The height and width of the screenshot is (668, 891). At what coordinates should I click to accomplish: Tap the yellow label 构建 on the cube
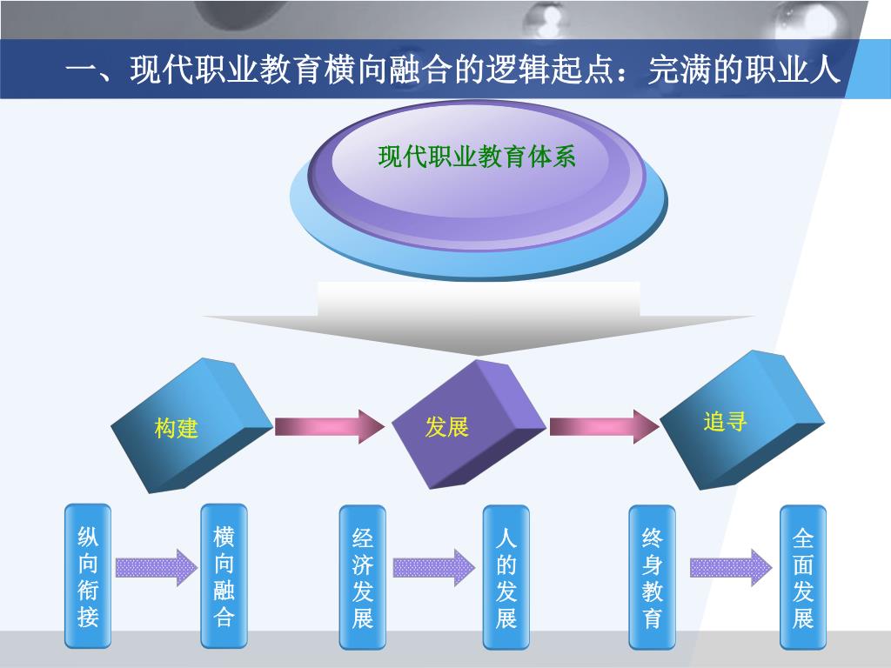pos(177,428)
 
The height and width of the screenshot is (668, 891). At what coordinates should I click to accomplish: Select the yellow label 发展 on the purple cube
pos(446,427)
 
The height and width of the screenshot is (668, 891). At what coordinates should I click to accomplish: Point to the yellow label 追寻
pos(725,423)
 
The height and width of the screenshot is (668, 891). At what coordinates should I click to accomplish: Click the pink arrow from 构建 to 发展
pos(329,426)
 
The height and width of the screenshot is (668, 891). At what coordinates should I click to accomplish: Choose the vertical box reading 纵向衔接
pos(88,576)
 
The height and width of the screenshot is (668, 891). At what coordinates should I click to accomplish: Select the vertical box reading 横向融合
pos(224,576)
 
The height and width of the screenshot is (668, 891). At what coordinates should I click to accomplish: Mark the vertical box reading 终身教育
pos(652,576)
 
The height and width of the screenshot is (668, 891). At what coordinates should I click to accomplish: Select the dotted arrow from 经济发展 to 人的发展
pos(433,568)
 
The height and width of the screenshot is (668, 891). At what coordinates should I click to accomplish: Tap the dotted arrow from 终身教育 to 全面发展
pos(730,568)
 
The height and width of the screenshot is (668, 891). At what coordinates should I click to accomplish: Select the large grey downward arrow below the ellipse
pos(479,317)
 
